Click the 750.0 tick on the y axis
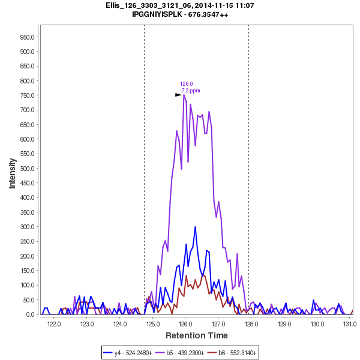(x=25, y=95)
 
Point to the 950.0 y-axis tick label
(x=25, y=37)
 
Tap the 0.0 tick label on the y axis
(x=29, y=314)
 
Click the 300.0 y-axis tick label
(x=25, y=227)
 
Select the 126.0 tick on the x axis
(x=185, y=325)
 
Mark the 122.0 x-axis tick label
(x=55, y=325)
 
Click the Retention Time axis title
(x=196, y=335)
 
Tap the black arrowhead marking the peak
(x=178, y=95)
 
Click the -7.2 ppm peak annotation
(x=190, y=91)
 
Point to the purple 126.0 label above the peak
(x=187, y=84)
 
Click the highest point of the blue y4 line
(x=196, y=227)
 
